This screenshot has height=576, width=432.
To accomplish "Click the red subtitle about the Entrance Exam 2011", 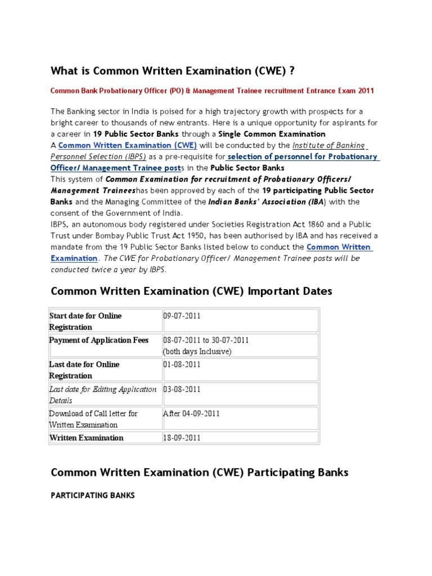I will click(x=212, y=91).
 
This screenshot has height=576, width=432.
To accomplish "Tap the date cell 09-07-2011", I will click(x=182, y=316).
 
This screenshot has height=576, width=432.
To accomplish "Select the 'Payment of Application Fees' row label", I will click(x=99, y=340).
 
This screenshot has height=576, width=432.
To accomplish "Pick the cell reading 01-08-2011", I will click(x=182, y=364).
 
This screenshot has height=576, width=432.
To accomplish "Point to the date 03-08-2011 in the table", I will click(x=182, y=389).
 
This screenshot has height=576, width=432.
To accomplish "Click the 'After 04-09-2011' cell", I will click(x=191, y=413).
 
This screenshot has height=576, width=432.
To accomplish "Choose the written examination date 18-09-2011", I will click(x=182, y=438).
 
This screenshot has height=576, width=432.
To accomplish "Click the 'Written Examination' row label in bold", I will click(x=87, y=438).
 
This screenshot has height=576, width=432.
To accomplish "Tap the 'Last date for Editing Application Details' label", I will click(x=103, y=394).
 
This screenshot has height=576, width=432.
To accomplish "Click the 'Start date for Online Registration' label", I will click(x=85, y=321).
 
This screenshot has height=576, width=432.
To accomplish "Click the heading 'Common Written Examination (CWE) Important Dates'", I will click(x=192, y=291).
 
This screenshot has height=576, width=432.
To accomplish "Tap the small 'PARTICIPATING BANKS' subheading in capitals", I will click(x=93, y=496).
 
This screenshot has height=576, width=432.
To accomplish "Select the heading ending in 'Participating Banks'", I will click(x=200, y=472).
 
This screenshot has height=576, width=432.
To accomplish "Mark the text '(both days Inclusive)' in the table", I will click(x=197, y=352).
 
